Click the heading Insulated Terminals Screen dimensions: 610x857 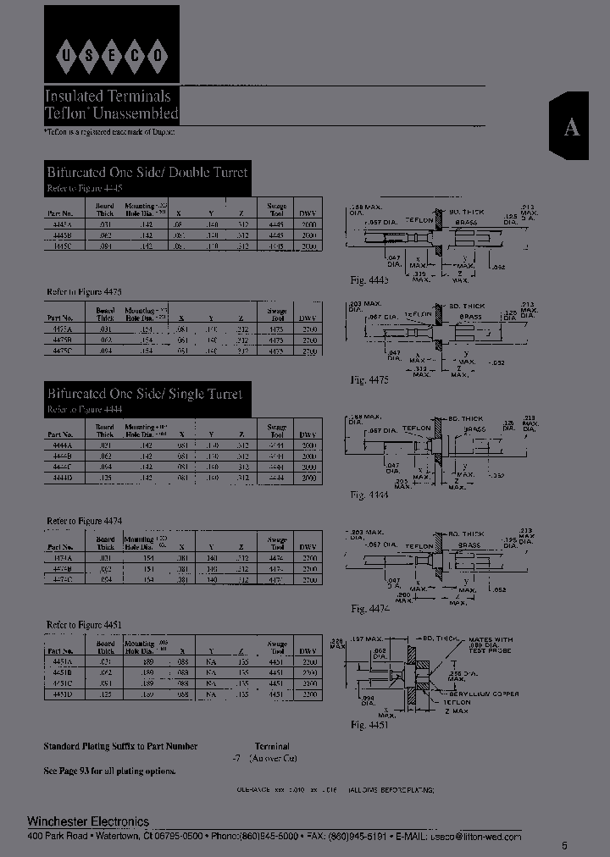pyautogui.click(x=108, y=97)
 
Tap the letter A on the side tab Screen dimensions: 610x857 pyautogui.click(x=573, y=127)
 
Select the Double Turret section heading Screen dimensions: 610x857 pyautogui.click(x=148, y=173)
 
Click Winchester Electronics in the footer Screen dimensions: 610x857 pyautogui.click(x=88, y=821)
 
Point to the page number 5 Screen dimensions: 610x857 pyautogui.click(x=565, y=846)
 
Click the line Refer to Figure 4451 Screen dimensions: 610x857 pyautogui.click(x=84, y=625)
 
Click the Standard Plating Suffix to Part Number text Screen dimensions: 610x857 pyautogui.click(x=120, y=746)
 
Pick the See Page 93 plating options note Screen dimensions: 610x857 pyautogui.click(x=110, y=771)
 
